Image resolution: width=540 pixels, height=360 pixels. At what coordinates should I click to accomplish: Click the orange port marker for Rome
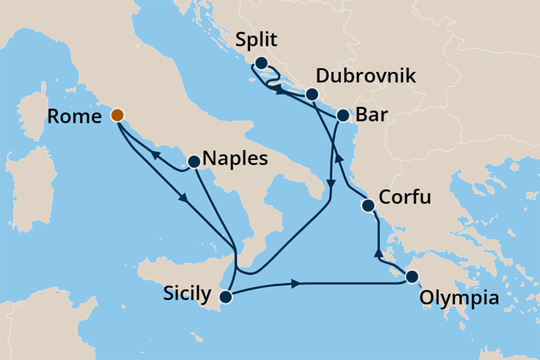(118, 115)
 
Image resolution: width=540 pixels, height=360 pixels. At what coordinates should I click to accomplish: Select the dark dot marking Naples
(194, 161)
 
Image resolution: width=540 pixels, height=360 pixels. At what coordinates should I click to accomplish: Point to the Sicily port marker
(226, 296)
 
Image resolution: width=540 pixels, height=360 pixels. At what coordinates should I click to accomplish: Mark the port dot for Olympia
(412, 276)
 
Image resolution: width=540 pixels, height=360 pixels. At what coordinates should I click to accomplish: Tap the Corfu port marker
(368, 205)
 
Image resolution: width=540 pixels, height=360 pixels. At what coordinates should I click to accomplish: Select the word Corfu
(406, 199)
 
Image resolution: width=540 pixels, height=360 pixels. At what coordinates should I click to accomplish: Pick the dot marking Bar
(343, 116)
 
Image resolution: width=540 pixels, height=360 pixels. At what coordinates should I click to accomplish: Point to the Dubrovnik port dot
(311, 94)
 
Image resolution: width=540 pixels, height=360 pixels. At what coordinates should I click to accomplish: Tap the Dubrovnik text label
(366, 77)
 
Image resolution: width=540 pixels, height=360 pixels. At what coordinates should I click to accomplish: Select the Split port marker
(261, 63)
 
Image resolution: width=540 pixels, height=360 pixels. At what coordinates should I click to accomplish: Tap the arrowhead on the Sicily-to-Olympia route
(294, 284)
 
